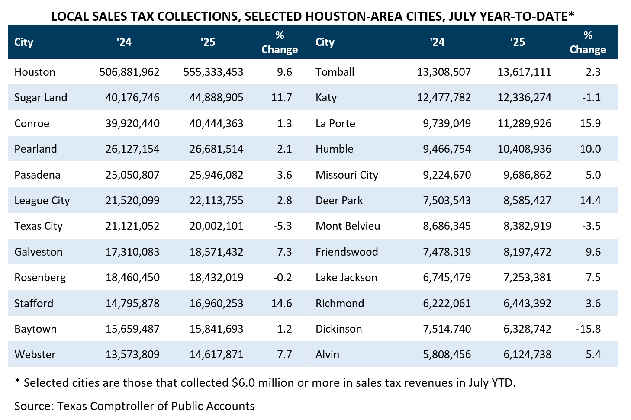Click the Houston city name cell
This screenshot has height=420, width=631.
35,72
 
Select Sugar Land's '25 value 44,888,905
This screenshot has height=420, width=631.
216,97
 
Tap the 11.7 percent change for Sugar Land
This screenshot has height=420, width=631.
281,97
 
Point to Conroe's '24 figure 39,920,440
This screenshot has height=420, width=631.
132,123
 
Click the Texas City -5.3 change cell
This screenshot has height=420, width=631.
283,226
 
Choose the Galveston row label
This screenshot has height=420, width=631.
38,252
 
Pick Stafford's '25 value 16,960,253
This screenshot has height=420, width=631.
216,303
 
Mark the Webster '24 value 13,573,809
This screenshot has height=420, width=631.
132,354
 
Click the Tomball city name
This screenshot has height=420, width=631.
335,72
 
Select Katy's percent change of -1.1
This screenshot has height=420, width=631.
591,97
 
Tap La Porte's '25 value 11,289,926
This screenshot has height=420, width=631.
525,123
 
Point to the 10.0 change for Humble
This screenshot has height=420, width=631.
590,149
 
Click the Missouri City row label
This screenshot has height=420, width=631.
347,175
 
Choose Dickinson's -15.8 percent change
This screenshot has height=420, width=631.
588,329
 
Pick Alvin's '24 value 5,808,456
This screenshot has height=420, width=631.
447,354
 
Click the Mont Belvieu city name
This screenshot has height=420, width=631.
348,226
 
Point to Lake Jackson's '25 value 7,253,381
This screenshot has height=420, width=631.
527,277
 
